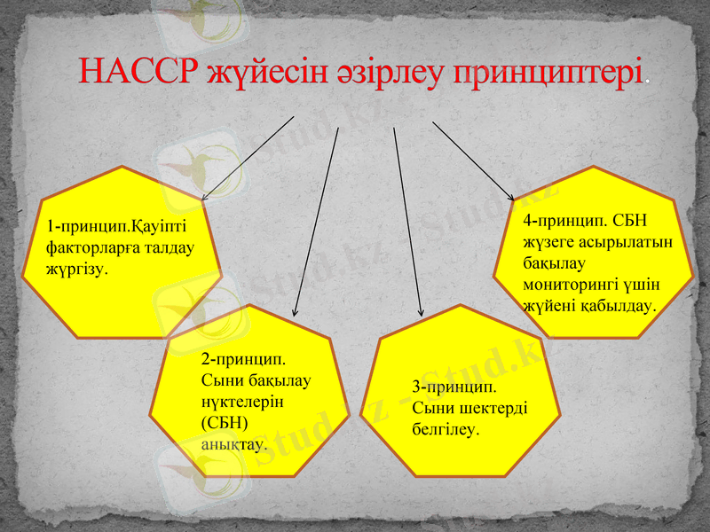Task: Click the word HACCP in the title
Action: tap(138, 71)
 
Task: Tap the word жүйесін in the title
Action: tap(258, 71)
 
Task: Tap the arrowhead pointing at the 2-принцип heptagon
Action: tap(296, 312)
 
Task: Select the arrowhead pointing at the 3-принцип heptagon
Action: tap(421, 312)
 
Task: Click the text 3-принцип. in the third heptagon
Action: tap(454, 387)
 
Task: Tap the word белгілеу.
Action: tap(445, 428)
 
